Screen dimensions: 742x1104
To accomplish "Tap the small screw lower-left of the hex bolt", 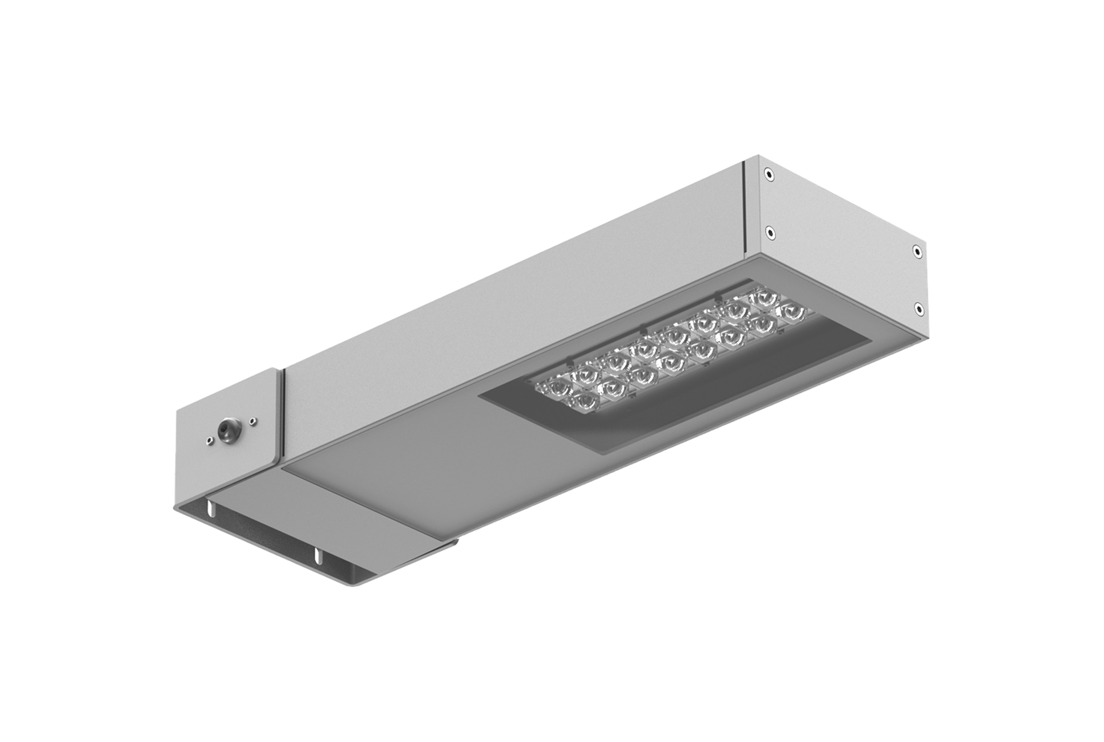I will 208,441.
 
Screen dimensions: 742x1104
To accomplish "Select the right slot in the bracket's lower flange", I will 317,556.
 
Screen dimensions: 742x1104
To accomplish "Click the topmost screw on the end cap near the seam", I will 769,174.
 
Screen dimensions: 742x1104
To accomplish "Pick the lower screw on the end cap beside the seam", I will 770,232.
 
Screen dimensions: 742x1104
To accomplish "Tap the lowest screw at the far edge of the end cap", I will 919,309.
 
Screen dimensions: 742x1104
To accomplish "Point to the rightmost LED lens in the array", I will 791,312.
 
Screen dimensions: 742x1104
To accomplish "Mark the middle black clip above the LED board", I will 643,328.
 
